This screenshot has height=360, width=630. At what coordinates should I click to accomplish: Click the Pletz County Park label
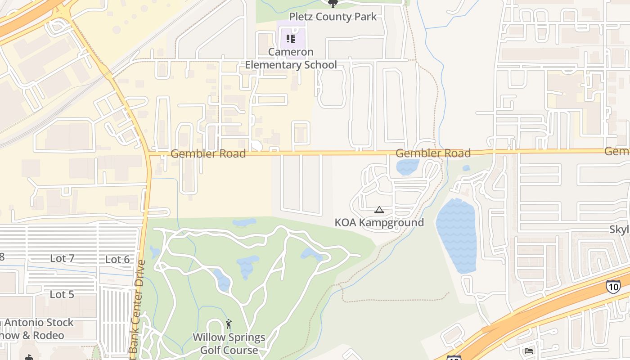[333, 17]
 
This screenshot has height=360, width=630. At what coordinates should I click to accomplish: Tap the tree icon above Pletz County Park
[333, 4]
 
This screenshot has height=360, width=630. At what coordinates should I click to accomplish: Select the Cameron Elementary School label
[291, 58]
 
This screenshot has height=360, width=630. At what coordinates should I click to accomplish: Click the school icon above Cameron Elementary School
[291, 39]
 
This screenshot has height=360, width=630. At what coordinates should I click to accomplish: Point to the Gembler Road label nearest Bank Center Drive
[208, 154]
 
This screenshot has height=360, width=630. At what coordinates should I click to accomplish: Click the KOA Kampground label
[379, 222]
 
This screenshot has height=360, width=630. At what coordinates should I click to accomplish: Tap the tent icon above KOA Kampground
[379, 210]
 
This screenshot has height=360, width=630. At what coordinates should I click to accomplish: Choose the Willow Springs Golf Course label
[229, 343]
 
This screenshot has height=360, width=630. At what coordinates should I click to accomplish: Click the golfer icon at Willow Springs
[229, 324]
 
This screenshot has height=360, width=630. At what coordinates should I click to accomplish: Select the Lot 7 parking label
[62, 258]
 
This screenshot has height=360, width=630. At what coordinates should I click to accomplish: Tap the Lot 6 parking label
[117, 259]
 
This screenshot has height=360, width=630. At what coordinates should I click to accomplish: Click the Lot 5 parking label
[62, 294]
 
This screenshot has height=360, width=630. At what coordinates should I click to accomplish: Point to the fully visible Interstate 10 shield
[613, 287]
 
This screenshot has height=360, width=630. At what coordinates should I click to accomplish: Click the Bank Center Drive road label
[137, 310]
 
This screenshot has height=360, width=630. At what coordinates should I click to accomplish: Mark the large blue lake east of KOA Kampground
[456, 236]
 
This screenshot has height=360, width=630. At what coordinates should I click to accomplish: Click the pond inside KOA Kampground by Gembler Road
[407, 167]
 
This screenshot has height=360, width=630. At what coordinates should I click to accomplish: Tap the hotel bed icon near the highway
[529, 351]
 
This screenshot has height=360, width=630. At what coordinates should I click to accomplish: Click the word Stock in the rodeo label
[58, 323]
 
